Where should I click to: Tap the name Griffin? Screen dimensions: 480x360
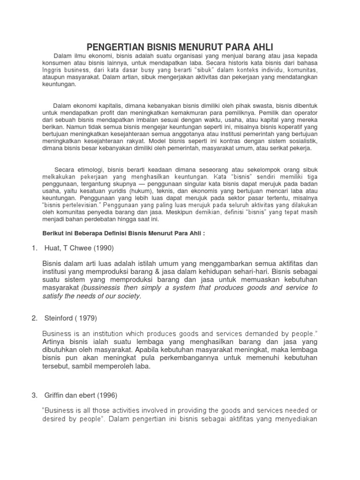click(x=53, y=382)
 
